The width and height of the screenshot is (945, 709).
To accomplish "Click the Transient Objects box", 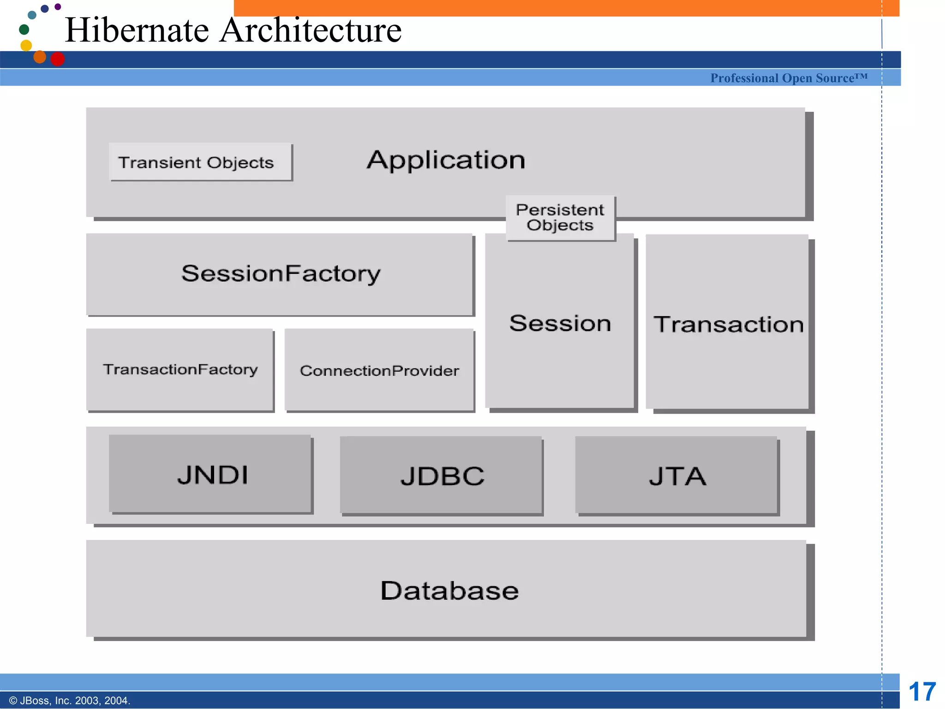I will pos(200,162).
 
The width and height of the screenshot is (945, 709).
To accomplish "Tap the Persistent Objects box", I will pos(560,217).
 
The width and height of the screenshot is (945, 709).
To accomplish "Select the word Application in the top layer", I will pos(446,160).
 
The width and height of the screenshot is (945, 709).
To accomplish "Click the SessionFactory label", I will pos(281,273).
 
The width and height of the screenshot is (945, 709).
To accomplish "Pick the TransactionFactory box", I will pos(180,369).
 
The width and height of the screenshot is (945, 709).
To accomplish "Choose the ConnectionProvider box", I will pos(379,370).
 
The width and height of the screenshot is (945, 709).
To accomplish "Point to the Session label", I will pos(560,323).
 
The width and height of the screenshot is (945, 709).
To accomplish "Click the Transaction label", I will pos(728,324).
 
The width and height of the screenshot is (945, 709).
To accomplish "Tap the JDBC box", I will pos(442,475).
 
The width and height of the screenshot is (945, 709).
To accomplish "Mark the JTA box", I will pos(677,475).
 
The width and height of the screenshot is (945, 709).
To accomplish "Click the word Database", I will pos(449,590).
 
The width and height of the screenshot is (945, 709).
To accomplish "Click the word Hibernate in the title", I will pos(137,30).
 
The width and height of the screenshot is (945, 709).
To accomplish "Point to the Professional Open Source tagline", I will pos(789,78).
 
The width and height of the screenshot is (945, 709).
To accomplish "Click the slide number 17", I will pos(921,692).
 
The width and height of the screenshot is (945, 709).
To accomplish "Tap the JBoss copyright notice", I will pos(70,700).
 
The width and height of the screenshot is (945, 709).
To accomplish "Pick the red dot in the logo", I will pos(58,59).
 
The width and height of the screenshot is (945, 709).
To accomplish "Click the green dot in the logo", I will pos(24,30).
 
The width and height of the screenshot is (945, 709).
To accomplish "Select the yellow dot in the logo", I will pos(26,45).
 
